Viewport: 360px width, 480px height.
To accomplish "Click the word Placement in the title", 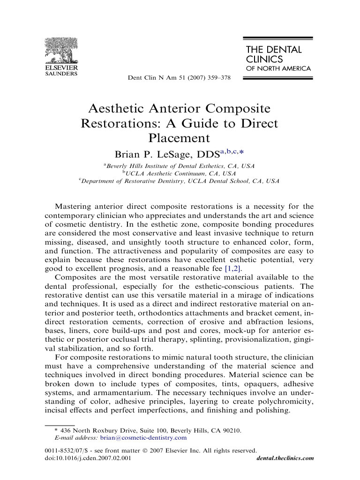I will pyautogui.click(x=180, y=138).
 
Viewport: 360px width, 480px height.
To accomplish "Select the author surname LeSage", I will pyautogui.click(x=169, y=155).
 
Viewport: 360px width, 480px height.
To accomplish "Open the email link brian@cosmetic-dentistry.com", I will pyautogui.click(x=143, y=438).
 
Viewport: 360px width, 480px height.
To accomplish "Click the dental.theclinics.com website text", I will pyautogui.click(x=285, y=458).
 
